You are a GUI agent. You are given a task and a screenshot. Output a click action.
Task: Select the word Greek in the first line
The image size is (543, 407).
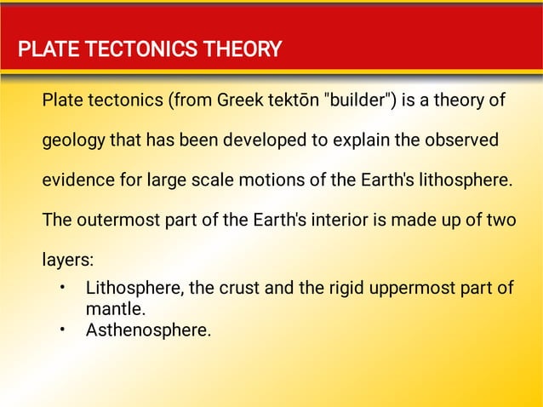(241, 101)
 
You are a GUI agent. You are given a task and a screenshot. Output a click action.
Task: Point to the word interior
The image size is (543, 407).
(349, 220)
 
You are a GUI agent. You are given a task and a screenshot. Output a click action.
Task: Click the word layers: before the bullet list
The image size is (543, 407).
(66, 260)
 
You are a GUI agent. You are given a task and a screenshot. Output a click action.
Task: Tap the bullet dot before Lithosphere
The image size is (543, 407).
(62, 287)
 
